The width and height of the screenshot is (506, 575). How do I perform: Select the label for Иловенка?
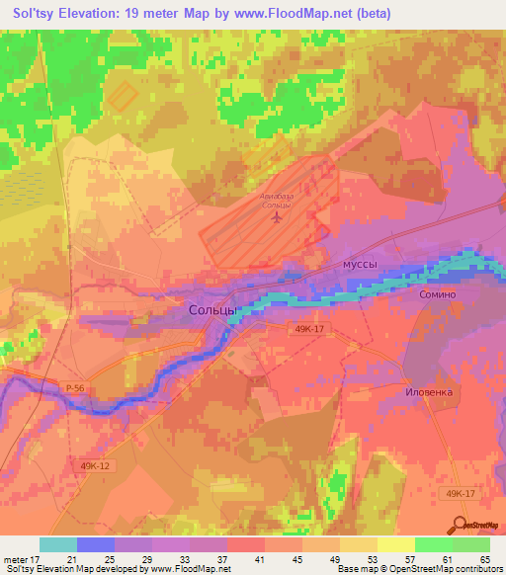[430, 391]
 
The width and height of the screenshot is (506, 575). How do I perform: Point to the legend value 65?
[484, 558]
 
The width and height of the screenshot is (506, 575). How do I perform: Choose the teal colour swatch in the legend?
[58, 544]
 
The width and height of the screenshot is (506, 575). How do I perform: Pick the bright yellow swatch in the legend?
[394, 544]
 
